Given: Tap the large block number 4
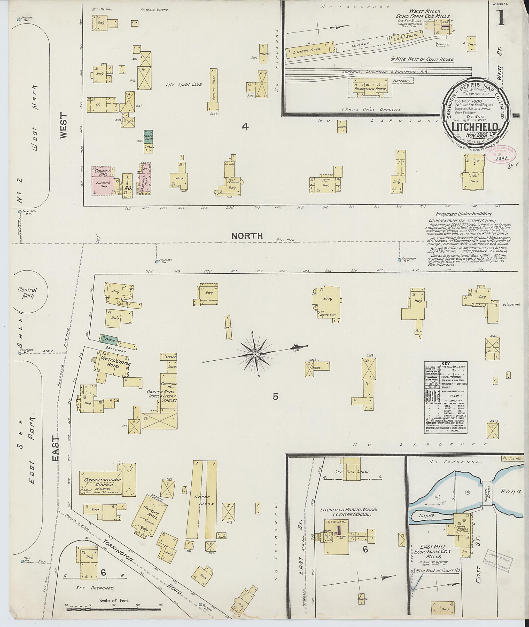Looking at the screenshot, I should coord(245,127).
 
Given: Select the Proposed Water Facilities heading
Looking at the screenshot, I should coord(463,214).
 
